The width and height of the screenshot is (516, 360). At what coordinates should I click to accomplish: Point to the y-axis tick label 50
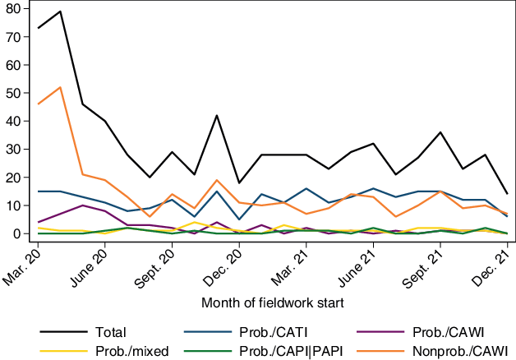[13, 93]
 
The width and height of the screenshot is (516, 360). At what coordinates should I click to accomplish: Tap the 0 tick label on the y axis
[16, 234]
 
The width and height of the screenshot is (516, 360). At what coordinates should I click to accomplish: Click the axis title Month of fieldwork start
[271, 303]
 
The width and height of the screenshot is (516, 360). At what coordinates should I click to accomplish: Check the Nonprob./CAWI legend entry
[436, 351]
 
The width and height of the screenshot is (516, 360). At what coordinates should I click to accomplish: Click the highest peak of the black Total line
[61, 12]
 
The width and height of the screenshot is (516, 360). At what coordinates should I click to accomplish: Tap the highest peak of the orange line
[61, 87]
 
